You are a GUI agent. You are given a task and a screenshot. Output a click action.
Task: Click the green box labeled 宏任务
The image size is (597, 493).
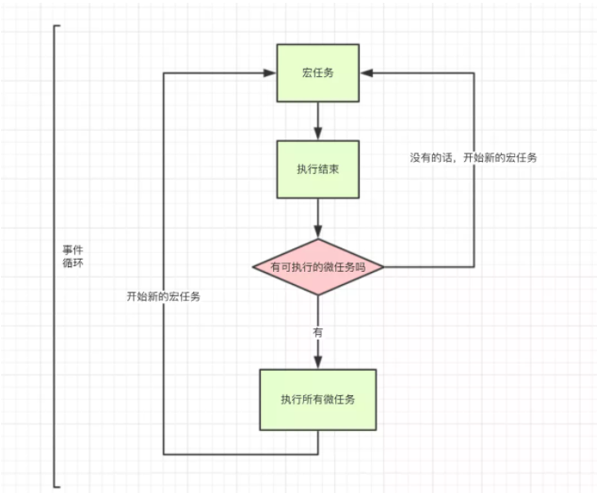(318, 72)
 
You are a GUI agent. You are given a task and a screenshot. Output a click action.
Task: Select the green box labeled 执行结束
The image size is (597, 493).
(318, 169)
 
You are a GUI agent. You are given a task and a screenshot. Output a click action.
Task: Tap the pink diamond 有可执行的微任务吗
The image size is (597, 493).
(318, 267)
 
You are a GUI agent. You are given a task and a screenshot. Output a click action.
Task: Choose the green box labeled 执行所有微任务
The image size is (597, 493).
(318, 400)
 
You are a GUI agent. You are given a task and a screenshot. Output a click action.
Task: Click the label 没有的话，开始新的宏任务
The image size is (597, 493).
(474, 157)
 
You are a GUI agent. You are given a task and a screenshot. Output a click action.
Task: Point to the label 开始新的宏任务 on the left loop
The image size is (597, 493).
(163, 296)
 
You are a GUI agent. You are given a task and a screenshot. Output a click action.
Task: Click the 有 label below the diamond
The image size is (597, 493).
(317, 332)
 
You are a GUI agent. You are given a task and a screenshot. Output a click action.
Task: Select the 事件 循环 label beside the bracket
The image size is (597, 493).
(73, 257)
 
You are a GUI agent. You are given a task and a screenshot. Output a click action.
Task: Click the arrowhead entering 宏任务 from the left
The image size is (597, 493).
(269, 72)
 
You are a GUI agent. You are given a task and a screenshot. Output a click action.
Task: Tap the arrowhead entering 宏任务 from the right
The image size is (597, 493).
(366, 72)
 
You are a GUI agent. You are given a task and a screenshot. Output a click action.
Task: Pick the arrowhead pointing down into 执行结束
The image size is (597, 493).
(318, 134)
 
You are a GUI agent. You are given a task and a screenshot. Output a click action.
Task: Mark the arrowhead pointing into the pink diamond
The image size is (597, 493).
(318, 231)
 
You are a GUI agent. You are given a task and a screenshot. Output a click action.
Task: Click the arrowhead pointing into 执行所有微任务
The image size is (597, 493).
(318, 362)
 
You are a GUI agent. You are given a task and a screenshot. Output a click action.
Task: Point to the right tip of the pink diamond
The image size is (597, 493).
(383, 267)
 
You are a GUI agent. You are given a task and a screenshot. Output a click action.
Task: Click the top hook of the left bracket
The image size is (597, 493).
(57, 25)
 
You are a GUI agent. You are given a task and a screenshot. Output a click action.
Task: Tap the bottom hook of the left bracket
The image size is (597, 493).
(57, 486)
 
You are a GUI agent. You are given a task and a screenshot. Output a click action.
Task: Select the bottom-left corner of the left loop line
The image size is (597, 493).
(164, 454)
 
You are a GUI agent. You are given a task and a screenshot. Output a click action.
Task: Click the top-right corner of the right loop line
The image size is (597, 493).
(474, 73)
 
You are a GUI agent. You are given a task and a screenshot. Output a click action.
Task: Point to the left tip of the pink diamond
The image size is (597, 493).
(252, 267)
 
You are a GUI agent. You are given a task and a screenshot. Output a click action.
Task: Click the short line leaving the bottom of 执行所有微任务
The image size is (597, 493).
(318, 442)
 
